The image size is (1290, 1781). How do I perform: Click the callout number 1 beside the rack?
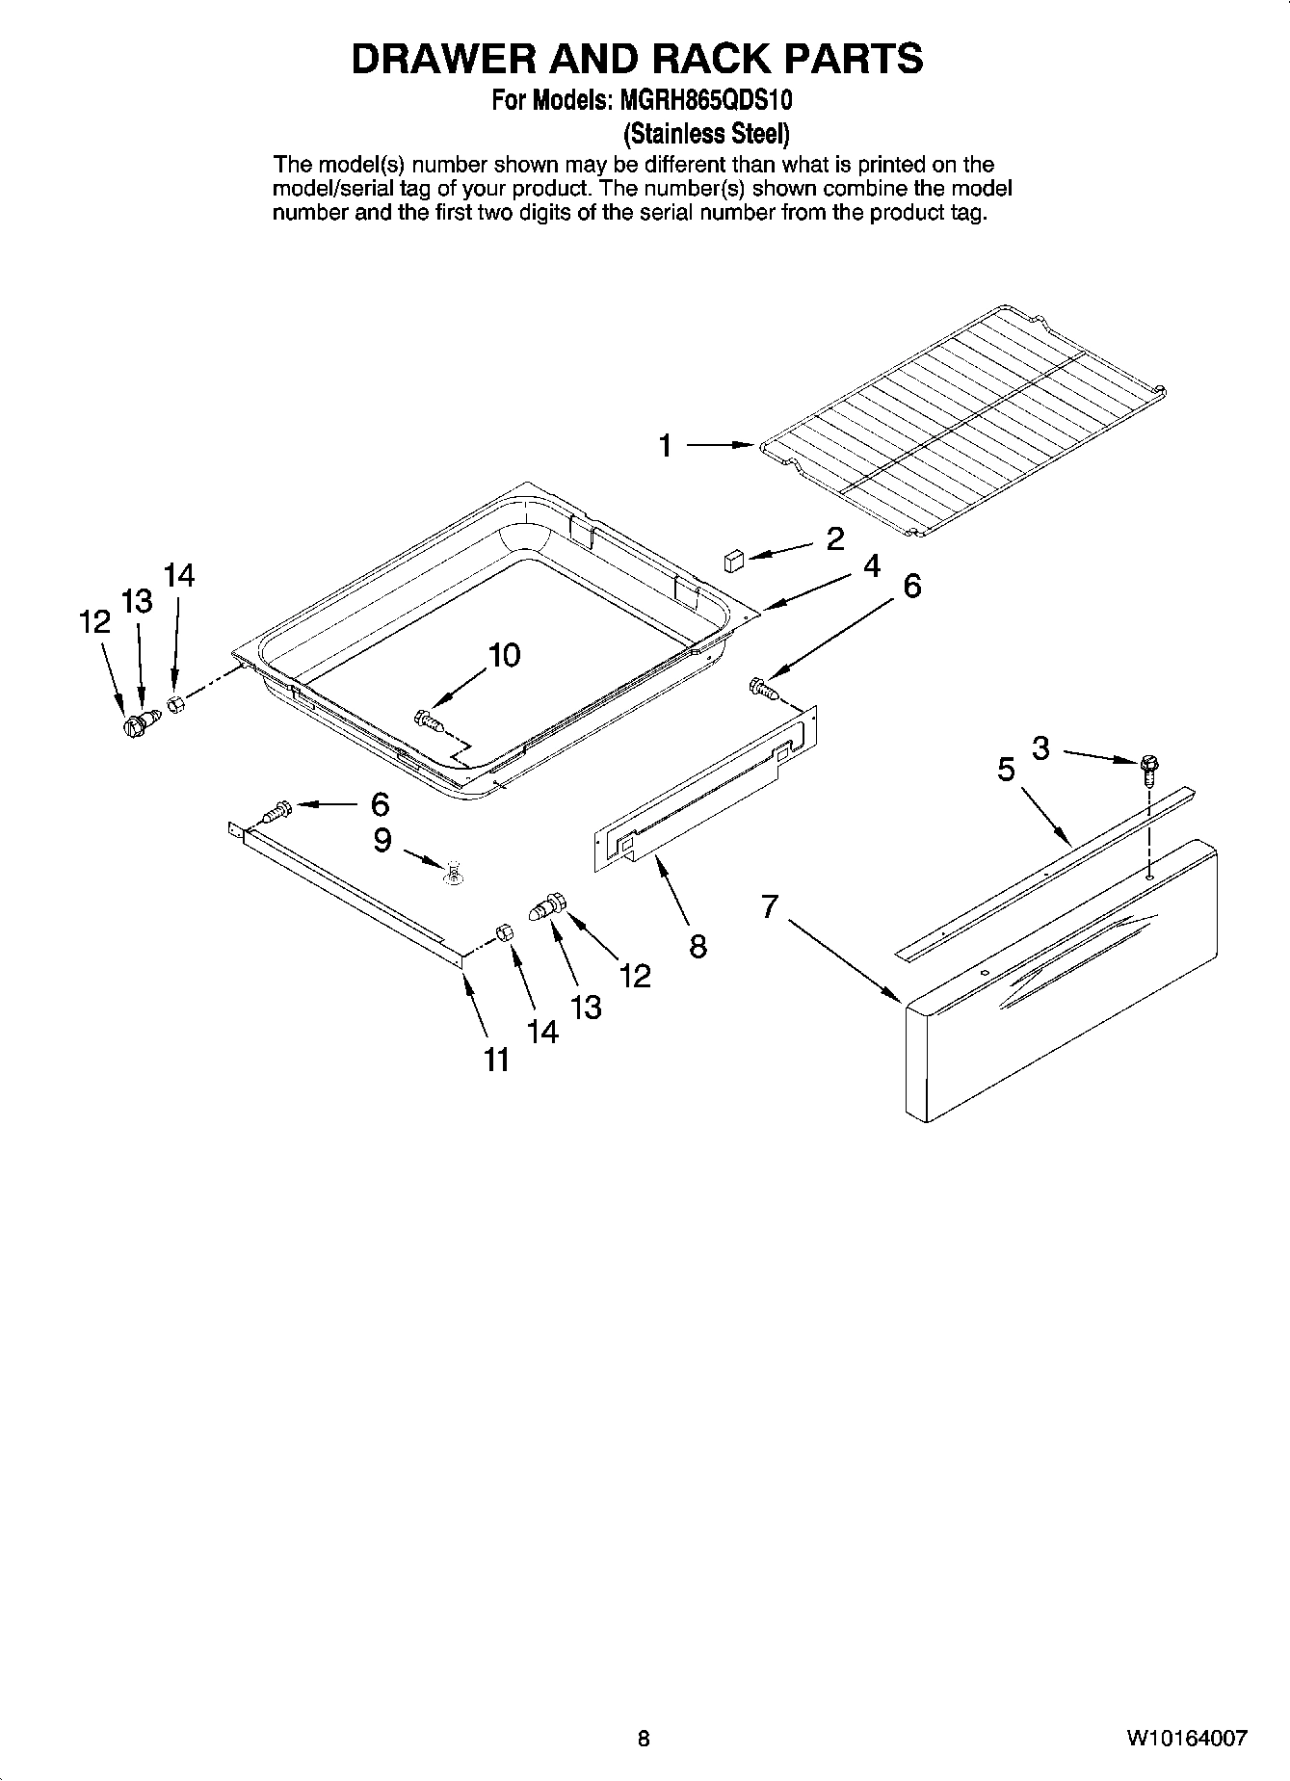(665, 446)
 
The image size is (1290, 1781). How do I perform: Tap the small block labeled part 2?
(735, 560)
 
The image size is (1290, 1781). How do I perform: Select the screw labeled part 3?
(1149, 767)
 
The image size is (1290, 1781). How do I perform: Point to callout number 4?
(871, 566)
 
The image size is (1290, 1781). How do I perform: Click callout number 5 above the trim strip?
(1006, 770)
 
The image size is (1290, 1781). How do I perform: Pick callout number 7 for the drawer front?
(769, 906)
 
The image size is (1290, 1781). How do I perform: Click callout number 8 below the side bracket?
(698, 946)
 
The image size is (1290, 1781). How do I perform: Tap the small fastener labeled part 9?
(451, 873)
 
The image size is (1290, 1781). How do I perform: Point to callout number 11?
(495, 1061)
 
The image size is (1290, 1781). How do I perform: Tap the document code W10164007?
(1187, 1739)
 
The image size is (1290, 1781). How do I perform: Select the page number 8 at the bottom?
(644, 1739)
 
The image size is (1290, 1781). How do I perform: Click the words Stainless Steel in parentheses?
(707, 132)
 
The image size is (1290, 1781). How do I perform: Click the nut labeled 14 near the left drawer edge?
(175, 705)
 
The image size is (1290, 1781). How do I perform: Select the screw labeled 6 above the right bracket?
(762, 687)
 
